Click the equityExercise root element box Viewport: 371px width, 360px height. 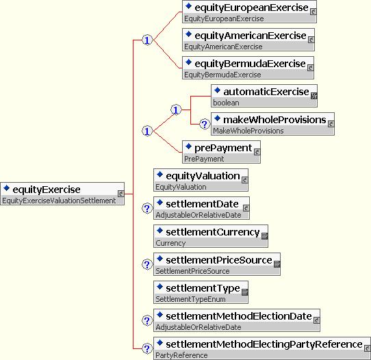pyautogui.click(x=62, y=194)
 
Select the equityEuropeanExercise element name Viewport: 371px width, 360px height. pyautogui.click(x=251, y=8)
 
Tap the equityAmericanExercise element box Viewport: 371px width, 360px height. pyautogui.click(x=248, y=40)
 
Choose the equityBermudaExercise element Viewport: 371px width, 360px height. pyautogui.click(x=248, y=68)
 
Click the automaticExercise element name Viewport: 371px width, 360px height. pyautogui.click(x=266, y=92)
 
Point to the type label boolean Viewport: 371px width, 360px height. pyautogui.click(x=226, y=103)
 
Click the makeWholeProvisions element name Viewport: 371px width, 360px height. pyautogui.click(x=274, y=120)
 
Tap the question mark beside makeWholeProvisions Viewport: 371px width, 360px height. pyautogui.click(x=205, y=124)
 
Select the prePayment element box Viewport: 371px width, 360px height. pyautogui.click(x=221, y=152)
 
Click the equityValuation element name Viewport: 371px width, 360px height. pyautogui.click(x=203, y=176)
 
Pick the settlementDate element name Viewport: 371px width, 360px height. pyautogui.click(x=202, y=204)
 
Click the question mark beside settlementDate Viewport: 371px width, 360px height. pyautogui.click(x=147, y=208)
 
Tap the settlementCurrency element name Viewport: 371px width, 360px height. pyautogui.click(x=213, y=232)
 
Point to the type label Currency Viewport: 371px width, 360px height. pyautogui.click(x=170, y=243)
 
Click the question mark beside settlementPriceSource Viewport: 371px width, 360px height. pyautogui.click(x=147, y=264)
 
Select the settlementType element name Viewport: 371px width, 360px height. pyautogui.click(x=203, y=288)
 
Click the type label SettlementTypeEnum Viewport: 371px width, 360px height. pyautogui.click(x=190, y=299)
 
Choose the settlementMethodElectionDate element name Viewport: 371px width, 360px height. pyautogui.click(x=239, y=316)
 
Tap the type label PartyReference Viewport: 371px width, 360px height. pyautogui.click(x=181, y=355)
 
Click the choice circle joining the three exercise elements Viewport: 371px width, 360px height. pyautogui.click(x=147, y=40)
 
